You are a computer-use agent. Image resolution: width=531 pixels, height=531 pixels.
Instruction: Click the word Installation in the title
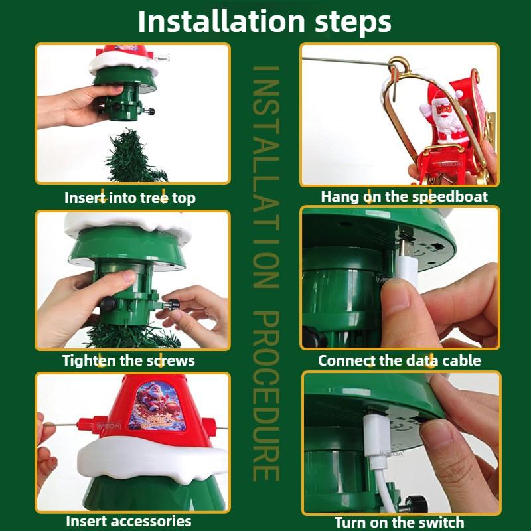click(222, 22)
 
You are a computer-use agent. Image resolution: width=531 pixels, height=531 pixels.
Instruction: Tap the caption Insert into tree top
click(130, 198)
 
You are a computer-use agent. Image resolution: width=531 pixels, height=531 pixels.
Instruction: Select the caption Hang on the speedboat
click(404, 196)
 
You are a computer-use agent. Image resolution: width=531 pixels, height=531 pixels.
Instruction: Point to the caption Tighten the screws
click(129, 360)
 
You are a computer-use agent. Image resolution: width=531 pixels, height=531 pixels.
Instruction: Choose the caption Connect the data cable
click(400, 360)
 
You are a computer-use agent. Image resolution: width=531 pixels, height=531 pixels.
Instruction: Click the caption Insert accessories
click(129, 521)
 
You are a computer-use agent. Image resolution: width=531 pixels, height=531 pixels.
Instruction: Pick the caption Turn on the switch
click(400, 522)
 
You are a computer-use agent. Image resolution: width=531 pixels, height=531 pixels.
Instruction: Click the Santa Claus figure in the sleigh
click(442, 115)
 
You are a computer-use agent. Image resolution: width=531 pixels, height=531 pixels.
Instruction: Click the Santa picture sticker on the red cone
click(157, 406)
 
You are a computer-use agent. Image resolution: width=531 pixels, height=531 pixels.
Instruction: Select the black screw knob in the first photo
click(149, 111)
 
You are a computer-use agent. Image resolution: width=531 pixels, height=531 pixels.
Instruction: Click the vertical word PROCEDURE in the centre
click(267, 396)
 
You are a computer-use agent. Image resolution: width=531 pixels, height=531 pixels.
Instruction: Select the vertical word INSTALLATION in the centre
click(267, 177)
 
